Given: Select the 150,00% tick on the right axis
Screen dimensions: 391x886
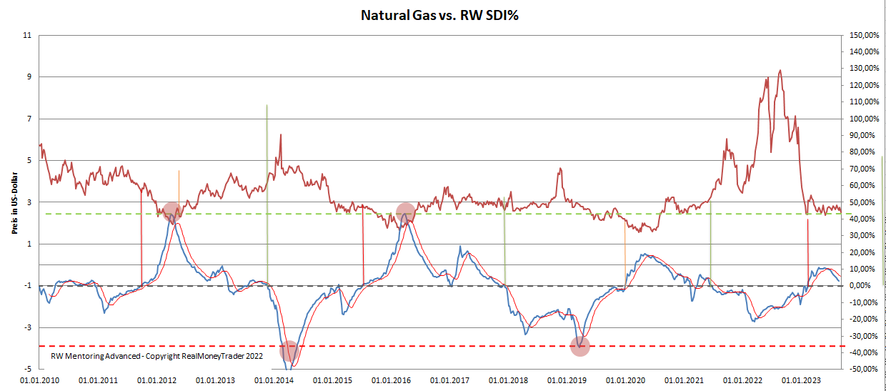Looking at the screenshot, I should [861, 35].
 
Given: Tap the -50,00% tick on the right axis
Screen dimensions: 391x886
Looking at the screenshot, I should [861, 369].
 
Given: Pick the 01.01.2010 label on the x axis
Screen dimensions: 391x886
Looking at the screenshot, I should [40, 381].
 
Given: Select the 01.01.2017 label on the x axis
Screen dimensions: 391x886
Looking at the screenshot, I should [454, 381].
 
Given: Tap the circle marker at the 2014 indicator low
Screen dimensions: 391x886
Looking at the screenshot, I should [289, 351].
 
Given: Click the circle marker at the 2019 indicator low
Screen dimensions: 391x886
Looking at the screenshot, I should [580, 347].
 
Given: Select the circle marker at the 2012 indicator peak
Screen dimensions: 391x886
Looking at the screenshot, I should [171, 212].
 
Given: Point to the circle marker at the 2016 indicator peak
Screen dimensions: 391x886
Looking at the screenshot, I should [405, 212].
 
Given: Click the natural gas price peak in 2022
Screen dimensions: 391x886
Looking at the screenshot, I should [780, 71].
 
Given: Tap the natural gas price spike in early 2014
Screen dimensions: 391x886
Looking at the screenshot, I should [280, 134].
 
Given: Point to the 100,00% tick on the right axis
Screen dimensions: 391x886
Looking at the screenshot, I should [861, 119].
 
